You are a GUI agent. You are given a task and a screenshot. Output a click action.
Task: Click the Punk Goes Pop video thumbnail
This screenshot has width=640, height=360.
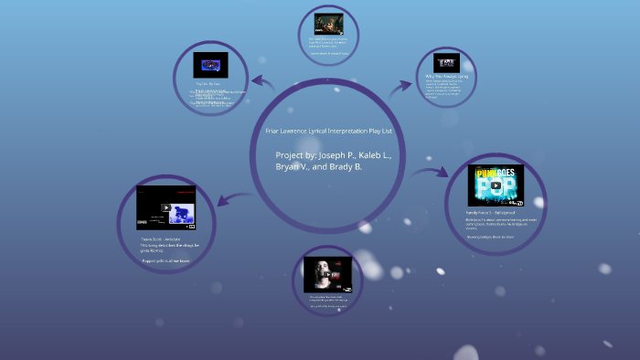click(496, 185)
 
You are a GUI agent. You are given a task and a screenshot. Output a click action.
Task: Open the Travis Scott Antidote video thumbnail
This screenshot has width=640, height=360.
click(166, 207)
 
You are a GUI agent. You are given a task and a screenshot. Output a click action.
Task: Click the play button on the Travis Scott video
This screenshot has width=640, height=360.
click(166, 207)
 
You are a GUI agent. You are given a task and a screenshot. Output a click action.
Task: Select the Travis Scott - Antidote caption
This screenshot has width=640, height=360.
click(161, 238)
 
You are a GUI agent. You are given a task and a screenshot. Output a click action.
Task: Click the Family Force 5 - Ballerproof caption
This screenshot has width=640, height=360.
click(492, 212)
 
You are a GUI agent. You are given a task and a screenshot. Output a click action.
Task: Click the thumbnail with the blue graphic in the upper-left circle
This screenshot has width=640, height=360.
click(210, 65)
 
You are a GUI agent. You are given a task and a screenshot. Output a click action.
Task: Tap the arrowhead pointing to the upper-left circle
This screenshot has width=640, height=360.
click(258, 79)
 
